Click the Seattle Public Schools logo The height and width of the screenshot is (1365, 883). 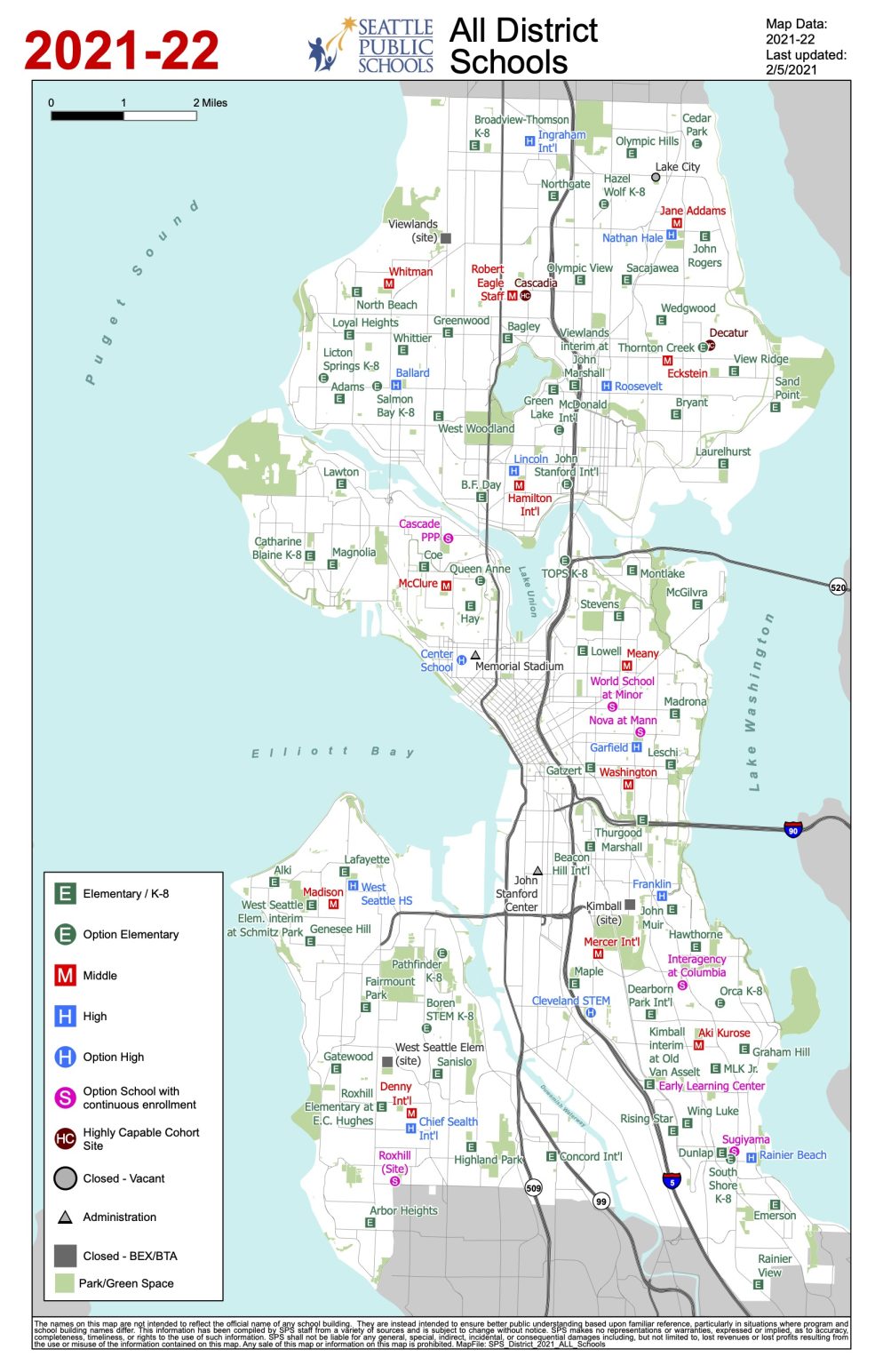tap(370, 45)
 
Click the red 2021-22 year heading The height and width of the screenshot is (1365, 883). tap(122, 51)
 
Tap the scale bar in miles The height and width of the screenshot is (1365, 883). tap(123, 115)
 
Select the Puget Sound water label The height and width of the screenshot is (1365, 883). tap(140, 293)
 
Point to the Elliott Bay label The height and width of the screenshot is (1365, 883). tap(332, 752)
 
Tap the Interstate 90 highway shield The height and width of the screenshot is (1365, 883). tap(792, 829)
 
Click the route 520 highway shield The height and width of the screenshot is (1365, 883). tap(837, 587)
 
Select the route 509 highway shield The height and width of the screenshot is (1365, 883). tap(533, 1187)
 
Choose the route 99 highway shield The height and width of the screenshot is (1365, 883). tap(601, 1201)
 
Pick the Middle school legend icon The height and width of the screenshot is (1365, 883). tap(65, 975)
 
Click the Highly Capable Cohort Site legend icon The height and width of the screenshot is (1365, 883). tap(65, 1138)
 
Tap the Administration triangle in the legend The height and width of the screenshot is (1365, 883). tap(65, 1217)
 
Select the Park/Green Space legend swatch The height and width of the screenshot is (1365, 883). tap(65, 1282)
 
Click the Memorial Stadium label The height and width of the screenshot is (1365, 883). tap(519, 666)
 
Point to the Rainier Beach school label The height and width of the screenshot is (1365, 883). tap(792, 1155)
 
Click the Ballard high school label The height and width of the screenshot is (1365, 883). tap(412, 373)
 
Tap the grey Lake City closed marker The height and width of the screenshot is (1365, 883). tap(656, 177)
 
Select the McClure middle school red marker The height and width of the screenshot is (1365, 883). tap(446, 586)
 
